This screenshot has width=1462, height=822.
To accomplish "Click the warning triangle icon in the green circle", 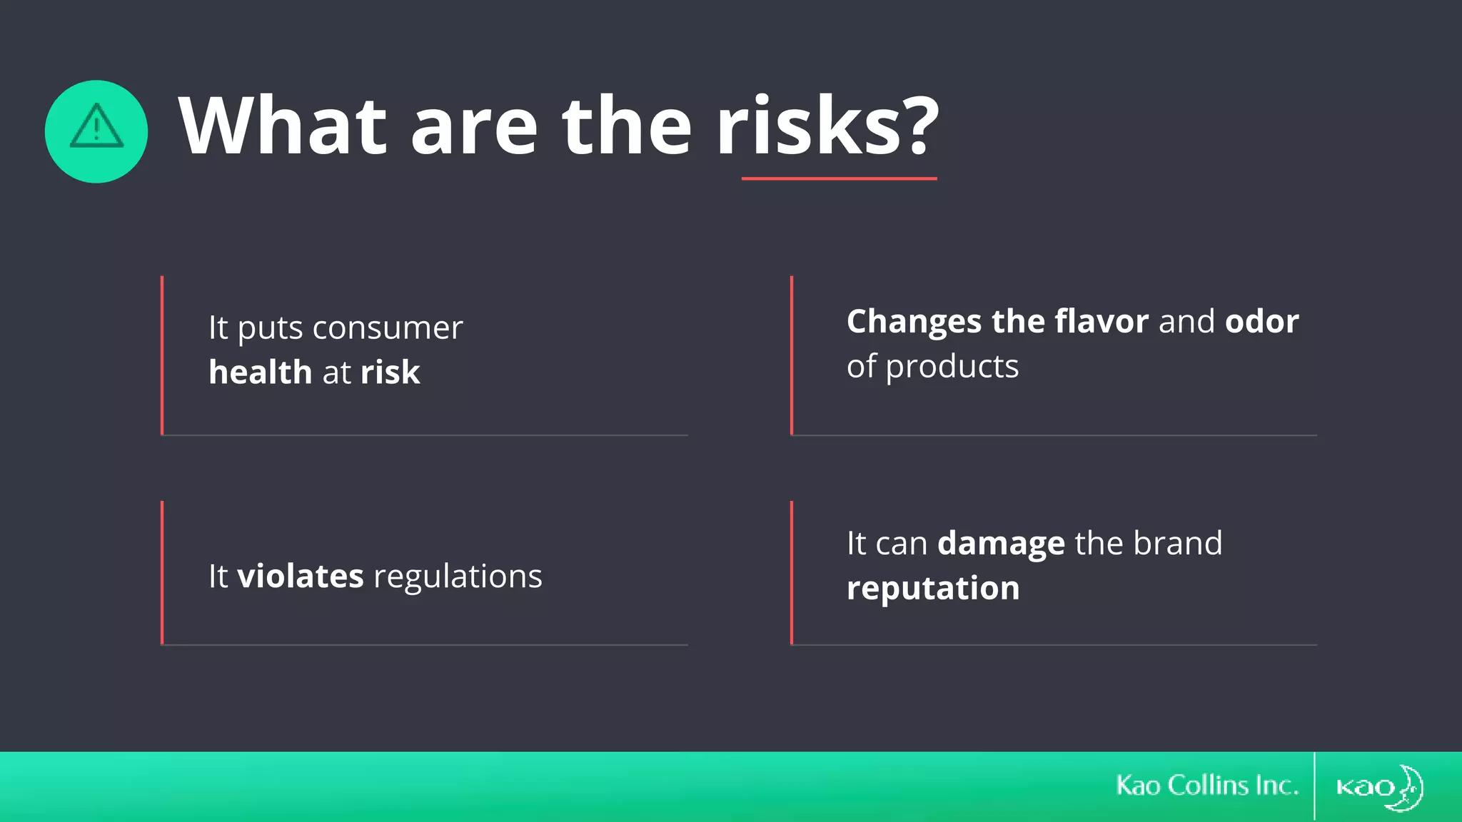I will tap(96, 127).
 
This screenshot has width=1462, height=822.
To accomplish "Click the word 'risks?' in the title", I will tap(828, 127).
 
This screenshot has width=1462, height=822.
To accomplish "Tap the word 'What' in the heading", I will tap(283, 127).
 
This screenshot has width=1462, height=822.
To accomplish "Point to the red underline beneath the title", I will tap(839, 178).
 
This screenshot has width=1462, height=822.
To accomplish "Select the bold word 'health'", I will tap(261, 372).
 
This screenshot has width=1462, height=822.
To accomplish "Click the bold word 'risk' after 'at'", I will tap(390, 372).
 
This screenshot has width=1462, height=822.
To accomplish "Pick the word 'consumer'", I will tap(388, 328).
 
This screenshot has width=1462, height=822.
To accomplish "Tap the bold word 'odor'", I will tap(1261, 321).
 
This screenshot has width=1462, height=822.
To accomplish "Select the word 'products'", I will tap(952, 367).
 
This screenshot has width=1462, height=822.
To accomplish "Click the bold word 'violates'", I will tap(300, 576).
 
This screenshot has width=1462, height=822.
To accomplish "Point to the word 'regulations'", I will tap(458, 577).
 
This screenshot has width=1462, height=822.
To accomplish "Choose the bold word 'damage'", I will tap(1001, 544).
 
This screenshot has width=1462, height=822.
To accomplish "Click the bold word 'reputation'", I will tap(933, 589).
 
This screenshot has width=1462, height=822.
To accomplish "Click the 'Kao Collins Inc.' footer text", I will tap(1207, 786).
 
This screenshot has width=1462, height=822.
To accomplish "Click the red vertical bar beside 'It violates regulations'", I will tap(162, 573).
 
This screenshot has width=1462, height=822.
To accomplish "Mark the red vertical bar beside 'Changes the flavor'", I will tap(792, 355).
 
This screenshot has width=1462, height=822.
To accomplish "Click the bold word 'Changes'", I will tap(914, 322).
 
